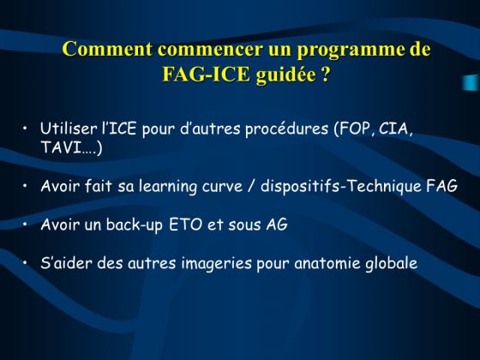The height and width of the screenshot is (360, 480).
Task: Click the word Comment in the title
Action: tap(107, 49)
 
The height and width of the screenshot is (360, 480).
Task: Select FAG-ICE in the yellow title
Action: tap(206, 74)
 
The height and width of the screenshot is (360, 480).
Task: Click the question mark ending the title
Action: tap(325, 74)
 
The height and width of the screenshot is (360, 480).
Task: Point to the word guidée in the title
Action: tap(286, 75)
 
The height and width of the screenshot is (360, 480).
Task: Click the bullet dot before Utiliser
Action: tap(25, 128)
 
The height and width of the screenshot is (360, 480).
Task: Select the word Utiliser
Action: tap(69, 129)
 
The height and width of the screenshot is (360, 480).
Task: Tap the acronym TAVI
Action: tap(61, 147)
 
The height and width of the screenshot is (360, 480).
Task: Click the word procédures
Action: tap(286, 129)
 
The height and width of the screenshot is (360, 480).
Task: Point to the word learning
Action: tap(167, 187)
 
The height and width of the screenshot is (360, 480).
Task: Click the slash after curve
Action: tap(251, 186)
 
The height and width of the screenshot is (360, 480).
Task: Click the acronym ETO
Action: tap(185, 225)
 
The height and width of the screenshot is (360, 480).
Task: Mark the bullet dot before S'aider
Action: tap(25, 262)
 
